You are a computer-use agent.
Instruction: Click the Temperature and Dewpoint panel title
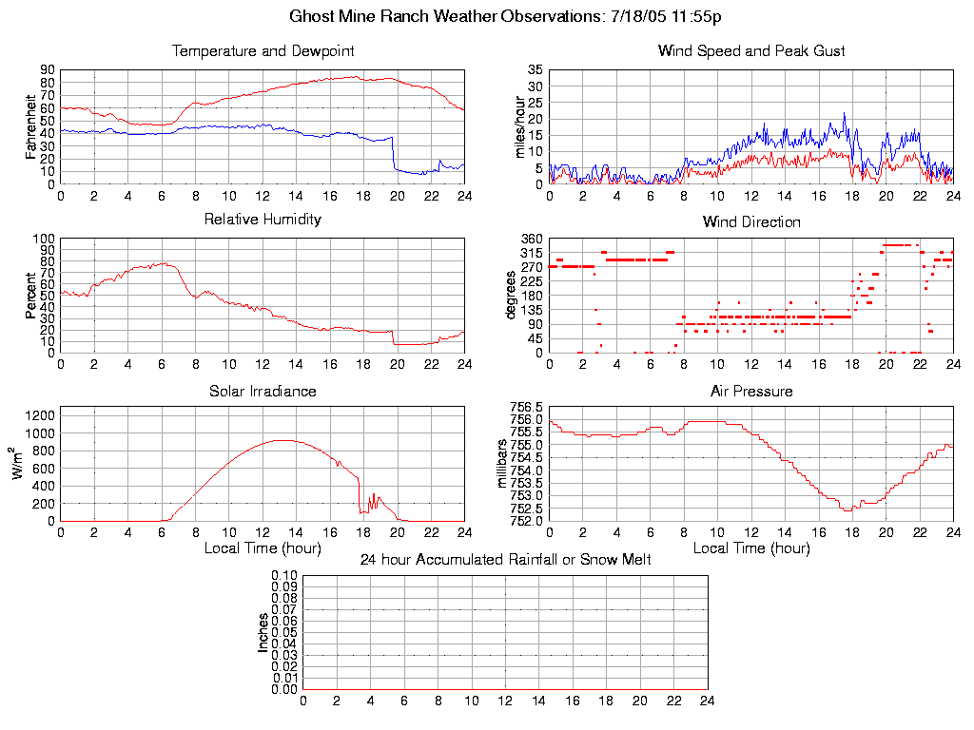click(x=263, y=50)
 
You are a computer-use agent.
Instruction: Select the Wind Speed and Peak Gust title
click(x=751, y=50)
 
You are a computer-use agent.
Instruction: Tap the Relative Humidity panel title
click(x=263, y=220)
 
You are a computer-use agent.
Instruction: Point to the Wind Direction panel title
click(x=751, y=221)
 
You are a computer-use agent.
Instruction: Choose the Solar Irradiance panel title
click(x=263, y=391)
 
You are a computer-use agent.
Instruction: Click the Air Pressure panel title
click(x=751, y=391)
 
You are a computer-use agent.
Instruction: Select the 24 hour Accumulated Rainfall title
click(x=505, y=560)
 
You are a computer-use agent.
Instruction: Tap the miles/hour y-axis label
click(x=519, y=126)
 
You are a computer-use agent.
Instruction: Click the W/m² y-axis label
click(x=20, y=463)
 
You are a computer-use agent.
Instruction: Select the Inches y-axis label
click(x=263, y=632)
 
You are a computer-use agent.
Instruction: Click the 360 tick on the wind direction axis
click(x=531, y=239)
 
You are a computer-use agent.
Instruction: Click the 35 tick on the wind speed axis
click(x=536, y=70)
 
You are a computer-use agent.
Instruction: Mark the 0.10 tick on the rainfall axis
click(x=284, y=576)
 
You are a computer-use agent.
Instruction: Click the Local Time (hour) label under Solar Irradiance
click(x=263, y=547)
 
